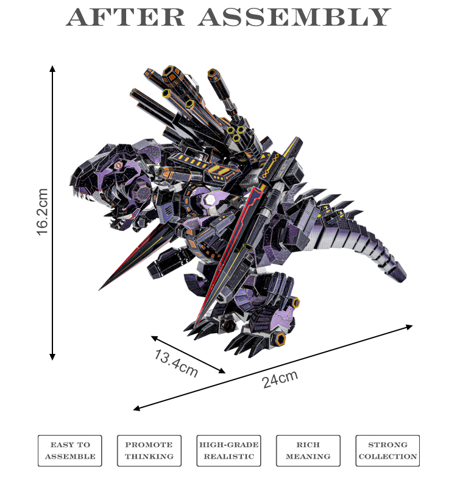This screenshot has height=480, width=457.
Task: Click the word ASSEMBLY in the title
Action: (294, 17)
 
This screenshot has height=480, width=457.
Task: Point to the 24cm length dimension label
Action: (280, 378)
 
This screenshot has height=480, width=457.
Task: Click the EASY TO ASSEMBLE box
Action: (69, 451)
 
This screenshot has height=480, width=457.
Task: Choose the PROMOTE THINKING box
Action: (149, 451)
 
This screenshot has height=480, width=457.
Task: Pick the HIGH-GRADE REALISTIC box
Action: (228, 451)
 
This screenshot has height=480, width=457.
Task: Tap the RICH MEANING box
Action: (308, 451)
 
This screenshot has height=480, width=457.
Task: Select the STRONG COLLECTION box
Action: (388, 451)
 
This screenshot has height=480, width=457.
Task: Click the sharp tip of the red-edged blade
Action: (101, 289)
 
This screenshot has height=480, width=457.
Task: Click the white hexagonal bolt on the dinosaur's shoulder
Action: (207, 199)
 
